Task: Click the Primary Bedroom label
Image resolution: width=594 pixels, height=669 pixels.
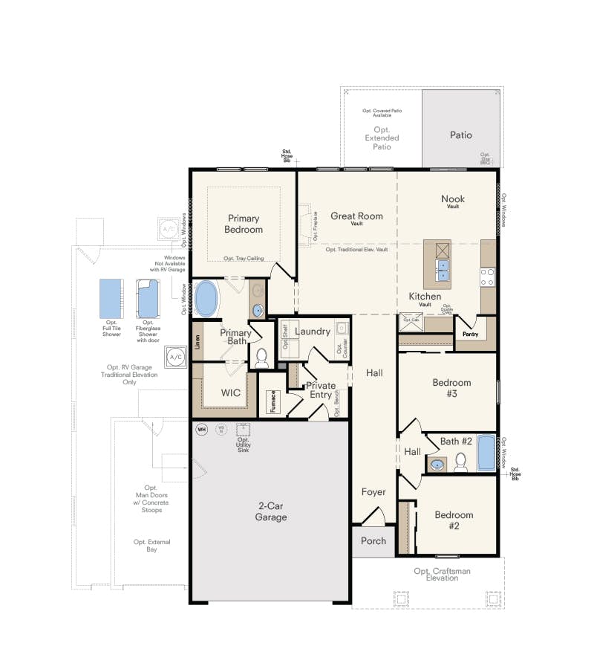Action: click(244, 224)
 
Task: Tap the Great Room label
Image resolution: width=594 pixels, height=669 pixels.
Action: click(356, 216)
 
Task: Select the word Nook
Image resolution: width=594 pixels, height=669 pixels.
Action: click(453, 198)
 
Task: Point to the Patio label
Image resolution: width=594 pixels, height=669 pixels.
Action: click(460, 135)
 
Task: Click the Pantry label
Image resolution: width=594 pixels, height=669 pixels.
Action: click(470, 335)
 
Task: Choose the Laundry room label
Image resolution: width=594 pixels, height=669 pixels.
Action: click(312, 331)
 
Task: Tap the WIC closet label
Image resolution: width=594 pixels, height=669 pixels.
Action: click(223, 392)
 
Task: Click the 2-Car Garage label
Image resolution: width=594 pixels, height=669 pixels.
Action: click(271, 512)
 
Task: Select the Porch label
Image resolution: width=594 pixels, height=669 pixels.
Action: click(373, 540)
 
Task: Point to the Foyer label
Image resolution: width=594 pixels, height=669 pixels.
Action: click(373, 492)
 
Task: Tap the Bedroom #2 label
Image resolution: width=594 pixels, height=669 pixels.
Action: click(454, 520)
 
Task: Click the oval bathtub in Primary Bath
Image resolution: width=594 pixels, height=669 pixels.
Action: click(207, 300)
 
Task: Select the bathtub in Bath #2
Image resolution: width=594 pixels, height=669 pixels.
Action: click(486, 453)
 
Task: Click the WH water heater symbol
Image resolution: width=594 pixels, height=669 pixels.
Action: click(201, 429)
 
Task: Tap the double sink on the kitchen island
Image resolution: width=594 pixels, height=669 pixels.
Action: click(443, 270)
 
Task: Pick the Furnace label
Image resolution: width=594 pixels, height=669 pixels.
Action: click(272, 403)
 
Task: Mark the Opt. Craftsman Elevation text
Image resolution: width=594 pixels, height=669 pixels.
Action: click(443, 574)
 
